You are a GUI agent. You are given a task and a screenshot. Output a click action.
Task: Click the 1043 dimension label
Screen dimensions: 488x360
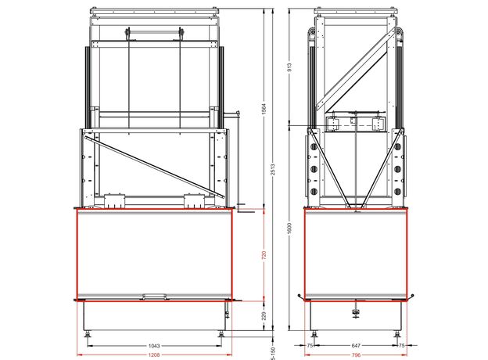coord(154,346)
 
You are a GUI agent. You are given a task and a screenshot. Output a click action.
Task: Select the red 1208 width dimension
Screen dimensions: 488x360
coord(154,355)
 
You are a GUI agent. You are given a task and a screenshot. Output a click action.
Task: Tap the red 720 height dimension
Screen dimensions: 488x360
coord(264,255)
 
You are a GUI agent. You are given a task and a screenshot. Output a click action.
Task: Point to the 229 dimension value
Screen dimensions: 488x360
coord(264,315)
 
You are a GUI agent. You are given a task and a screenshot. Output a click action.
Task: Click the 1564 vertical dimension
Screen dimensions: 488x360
coord(264,109)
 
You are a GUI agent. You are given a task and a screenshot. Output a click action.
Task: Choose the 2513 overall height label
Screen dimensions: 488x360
coord(273,169)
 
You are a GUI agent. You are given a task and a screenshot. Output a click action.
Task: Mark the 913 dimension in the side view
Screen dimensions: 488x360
coord(289,67)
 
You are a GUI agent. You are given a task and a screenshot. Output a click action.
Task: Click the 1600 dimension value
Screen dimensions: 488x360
coord(289,229)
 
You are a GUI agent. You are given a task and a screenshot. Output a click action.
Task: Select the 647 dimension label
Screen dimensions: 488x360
coord(356,345)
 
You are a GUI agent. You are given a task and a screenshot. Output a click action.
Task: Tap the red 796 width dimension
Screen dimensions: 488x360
coord(356,355)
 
